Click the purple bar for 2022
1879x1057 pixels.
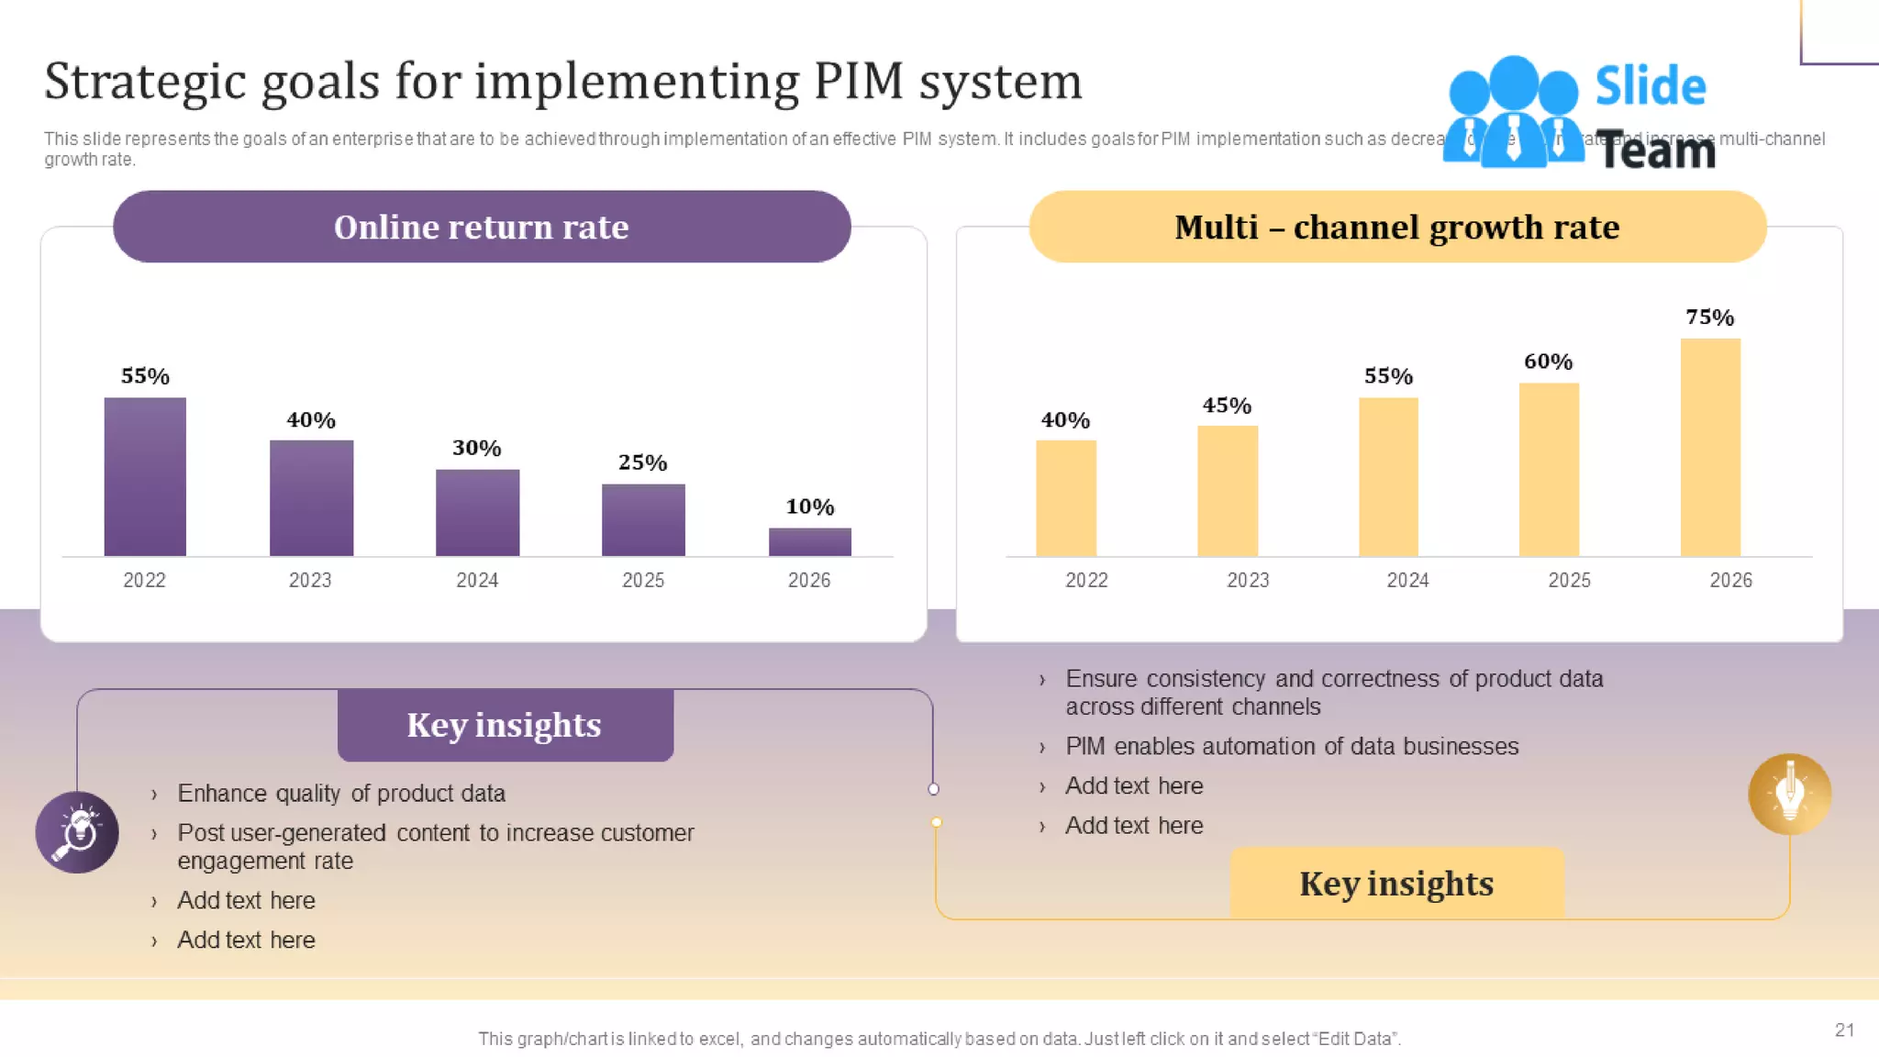[145, 476]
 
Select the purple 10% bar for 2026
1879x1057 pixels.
[809, 541]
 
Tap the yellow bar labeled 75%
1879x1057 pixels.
[1710, 447]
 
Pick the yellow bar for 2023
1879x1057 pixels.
[1227, 491]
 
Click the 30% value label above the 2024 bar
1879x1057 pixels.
[476, 448]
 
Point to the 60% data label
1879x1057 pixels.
[1548, 362]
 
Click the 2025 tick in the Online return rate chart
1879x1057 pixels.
[642, 580]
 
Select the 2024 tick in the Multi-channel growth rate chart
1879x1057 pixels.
[1407, 580]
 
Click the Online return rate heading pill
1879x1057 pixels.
[482, 227]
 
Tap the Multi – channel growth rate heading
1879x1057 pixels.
[1396, 227]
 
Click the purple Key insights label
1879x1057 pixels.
[505, 725]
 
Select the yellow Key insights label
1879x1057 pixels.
[1396, 884]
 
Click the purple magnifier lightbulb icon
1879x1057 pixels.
[77, 832]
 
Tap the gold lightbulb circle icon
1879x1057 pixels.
[1789, 794]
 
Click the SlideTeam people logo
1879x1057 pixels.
[1513, 112]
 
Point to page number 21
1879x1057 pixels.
[1844, 1029]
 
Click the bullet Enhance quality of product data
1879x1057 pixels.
[340, 793]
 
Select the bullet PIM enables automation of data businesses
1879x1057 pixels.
[1291, 746]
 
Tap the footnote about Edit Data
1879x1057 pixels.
[939, 1039]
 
